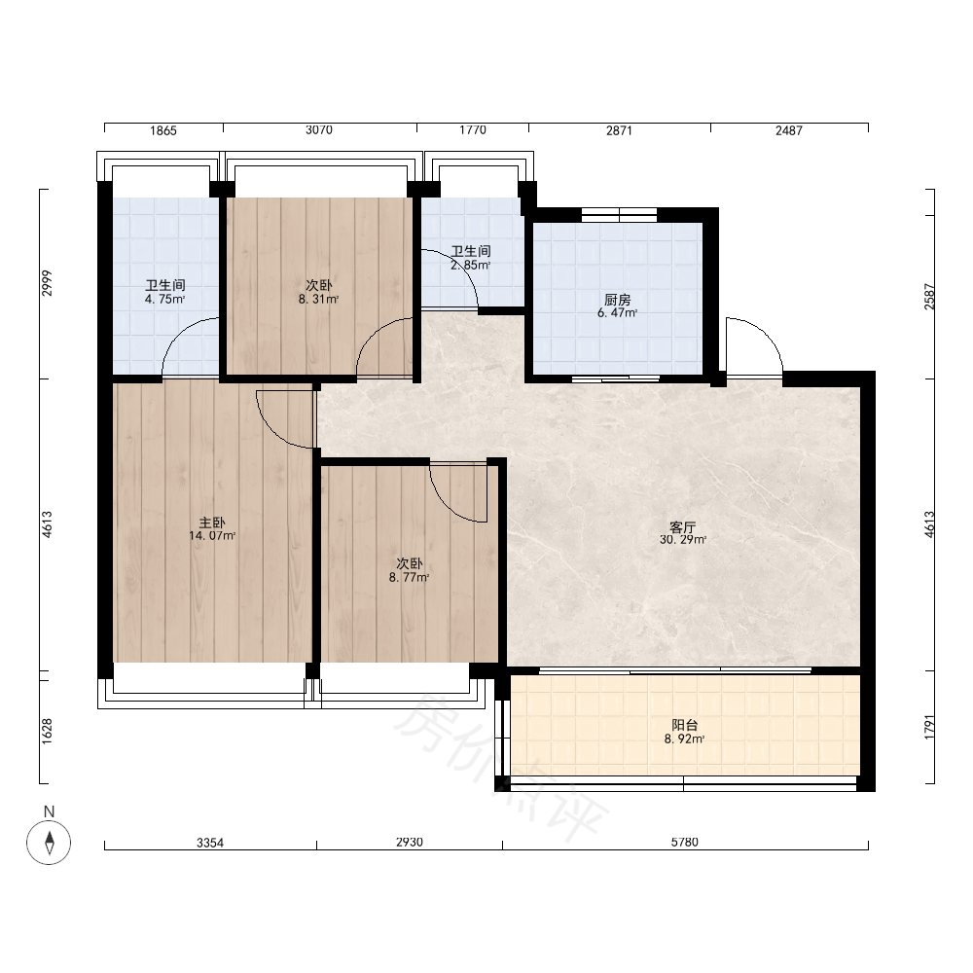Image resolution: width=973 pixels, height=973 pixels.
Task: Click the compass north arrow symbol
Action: pos(49,842)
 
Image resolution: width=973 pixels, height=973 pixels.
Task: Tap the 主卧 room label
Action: pos(211,523)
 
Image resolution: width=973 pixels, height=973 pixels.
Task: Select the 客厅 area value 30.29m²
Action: pos(683,540)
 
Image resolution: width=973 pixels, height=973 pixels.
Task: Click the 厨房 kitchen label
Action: pos(618,300)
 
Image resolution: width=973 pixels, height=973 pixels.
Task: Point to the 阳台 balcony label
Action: pos(684,725)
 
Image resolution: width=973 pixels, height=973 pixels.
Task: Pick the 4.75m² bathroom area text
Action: pos(165,299)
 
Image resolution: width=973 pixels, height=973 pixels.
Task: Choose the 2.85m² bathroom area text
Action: pos(470,265)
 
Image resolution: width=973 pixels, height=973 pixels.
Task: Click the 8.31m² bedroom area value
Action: pos(318,299)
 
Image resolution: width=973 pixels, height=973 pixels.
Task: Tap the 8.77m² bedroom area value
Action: pos(410,578)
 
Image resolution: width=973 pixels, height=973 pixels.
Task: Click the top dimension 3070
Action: pos(319,130)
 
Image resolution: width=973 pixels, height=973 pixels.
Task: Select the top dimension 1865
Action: pos(163,130)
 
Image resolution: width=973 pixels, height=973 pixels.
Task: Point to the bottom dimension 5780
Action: pos(684,842)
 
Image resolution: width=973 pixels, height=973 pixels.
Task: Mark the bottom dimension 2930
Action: pos(410,842)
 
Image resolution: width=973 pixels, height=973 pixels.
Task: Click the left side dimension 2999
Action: pos(47,283)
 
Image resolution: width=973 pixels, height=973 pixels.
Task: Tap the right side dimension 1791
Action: pos(929,727)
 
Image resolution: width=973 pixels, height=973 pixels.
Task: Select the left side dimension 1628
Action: pos(47,732)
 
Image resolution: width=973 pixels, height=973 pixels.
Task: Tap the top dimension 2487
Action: pos(789,130)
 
